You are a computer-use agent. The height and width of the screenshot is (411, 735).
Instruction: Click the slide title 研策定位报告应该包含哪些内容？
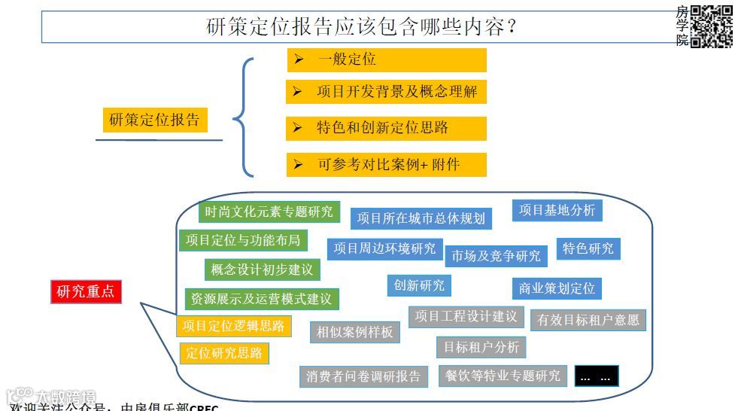coord(361,28)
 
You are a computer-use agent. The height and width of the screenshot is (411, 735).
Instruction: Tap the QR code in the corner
coord(711,26)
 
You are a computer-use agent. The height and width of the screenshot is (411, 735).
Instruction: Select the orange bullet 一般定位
coord(386,59)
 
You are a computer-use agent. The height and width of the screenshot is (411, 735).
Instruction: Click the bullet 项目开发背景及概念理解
coord(386,92)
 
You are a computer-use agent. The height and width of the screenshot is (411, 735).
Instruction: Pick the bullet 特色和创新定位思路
coord(386,128)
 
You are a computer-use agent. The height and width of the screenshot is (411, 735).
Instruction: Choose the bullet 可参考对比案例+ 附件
coord(386,164)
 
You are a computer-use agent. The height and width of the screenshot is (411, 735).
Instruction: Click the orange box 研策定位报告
coord(154,120)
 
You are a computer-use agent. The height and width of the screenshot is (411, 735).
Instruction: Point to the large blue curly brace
coord(243,118)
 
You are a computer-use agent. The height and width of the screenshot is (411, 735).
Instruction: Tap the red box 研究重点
coord(85,291)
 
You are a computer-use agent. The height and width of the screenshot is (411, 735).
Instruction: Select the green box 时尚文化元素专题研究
coord(269,212)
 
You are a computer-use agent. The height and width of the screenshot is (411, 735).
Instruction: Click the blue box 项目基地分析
coord(557,211)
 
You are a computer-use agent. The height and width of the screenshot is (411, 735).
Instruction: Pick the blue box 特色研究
coord(588,248)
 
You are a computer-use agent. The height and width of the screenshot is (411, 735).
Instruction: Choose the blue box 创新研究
coord(419,285)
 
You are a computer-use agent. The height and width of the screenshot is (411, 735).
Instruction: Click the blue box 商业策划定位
coord(556,288)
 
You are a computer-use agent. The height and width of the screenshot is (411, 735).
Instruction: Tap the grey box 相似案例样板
coord(354,331)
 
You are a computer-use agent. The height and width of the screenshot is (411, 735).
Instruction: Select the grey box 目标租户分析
coord(481,347)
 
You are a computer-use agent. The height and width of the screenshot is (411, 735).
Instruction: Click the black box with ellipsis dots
coord(597,376)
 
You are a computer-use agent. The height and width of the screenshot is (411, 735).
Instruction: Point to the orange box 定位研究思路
coord(223,352)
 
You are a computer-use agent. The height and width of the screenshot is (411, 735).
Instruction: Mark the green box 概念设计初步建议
coord(261,269)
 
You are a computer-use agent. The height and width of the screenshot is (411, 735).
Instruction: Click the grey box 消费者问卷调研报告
coord(363,376)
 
